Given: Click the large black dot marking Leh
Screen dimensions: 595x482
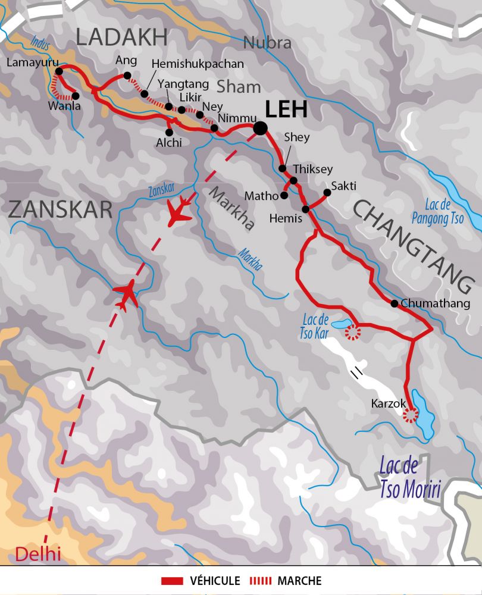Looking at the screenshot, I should (260, 127).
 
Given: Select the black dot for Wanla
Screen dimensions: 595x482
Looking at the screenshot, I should (76, 96).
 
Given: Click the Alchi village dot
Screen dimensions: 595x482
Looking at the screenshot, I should (170, 131).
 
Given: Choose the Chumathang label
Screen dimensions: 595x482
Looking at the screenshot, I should (436, 303).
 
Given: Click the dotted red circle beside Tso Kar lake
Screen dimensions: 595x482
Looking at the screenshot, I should (353, 333).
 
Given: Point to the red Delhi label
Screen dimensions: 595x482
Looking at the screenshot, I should (37, 554).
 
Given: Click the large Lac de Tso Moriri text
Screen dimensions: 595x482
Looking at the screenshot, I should (411, 480).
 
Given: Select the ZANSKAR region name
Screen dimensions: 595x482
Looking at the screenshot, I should (60, 209).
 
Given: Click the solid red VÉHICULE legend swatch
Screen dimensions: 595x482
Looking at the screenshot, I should (173, 581).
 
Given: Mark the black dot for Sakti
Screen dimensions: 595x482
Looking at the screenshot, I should (326, 192).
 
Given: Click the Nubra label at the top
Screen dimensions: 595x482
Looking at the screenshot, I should (267, 43).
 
